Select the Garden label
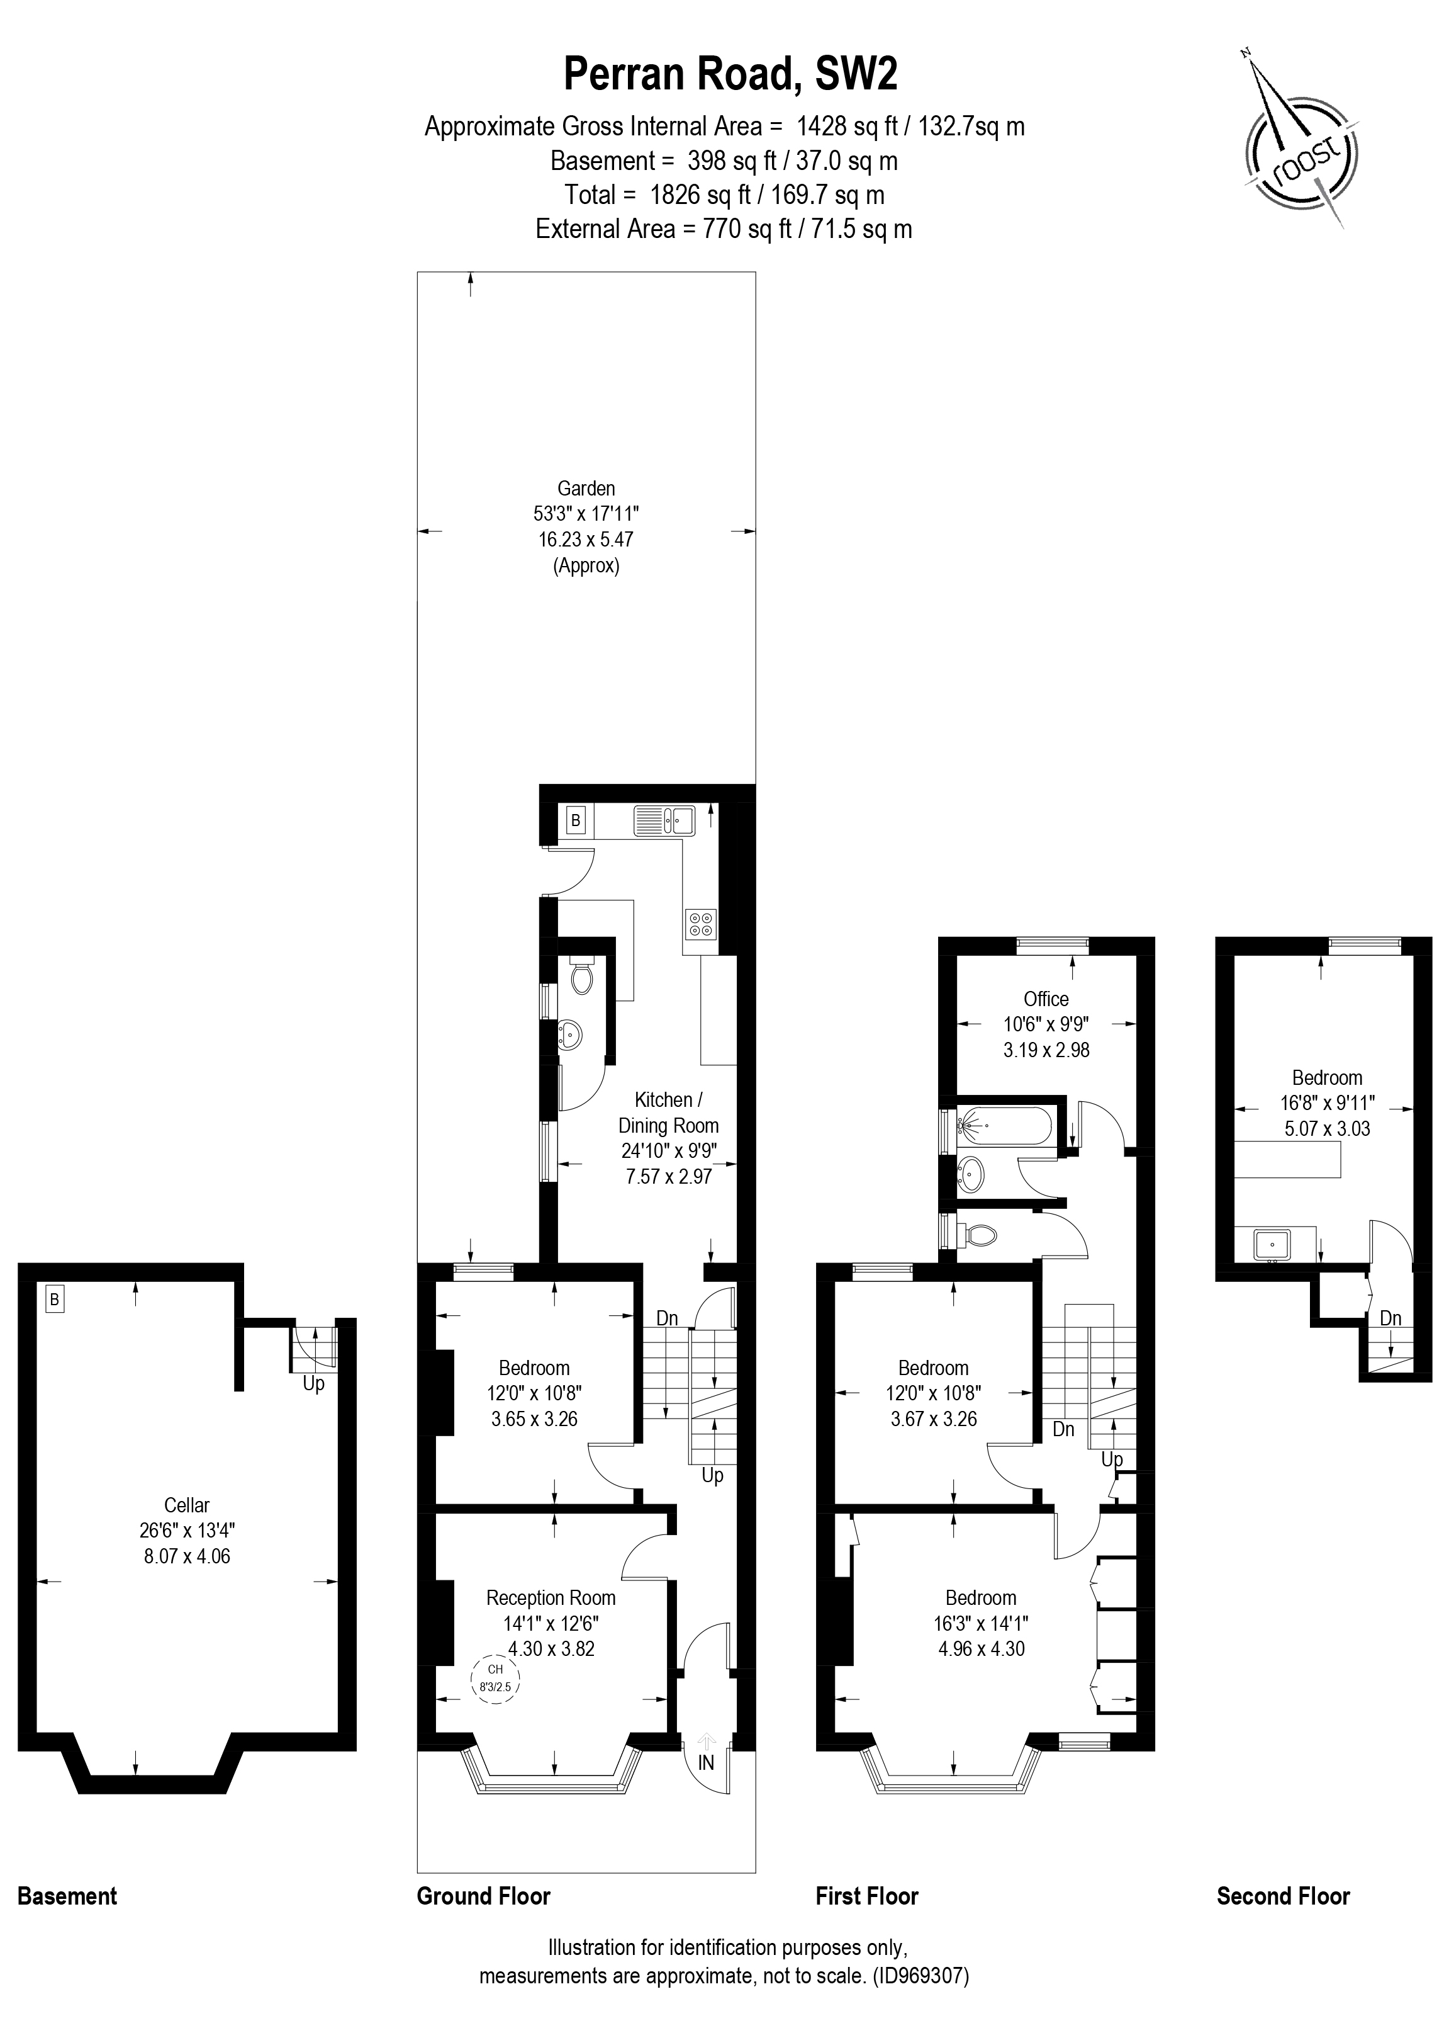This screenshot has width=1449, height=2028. (586, 488)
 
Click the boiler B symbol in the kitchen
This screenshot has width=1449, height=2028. (576, 819)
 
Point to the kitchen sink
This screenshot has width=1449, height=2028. (664, 819)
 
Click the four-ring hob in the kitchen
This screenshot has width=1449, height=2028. (700, 924)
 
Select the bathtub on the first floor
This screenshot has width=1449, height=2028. (1003, 1126)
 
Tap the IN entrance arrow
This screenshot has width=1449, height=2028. (707, 1763)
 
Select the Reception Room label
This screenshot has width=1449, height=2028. (551, 1598)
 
